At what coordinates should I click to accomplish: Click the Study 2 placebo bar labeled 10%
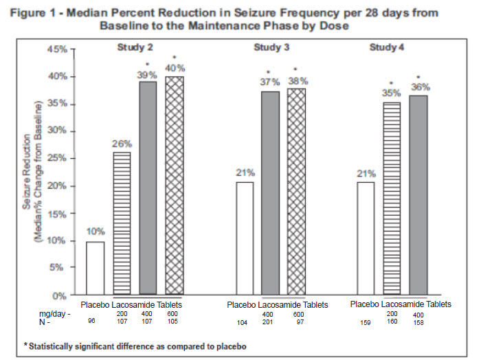[x=95, y=269]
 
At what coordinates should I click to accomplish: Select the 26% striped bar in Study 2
[x=122, y=224]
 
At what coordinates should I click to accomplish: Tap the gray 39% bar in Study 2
[x=148, y=188]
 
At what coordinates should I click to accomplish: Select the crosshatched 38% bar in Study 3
[x=297, y=192]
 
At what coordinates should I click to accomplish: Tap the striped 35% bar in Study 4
[x=391, y=199]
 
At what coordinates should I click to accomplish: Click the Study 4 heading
[x=388, y=47]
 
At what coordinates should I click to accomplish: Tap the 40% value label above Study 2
[x=176, y=67]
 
